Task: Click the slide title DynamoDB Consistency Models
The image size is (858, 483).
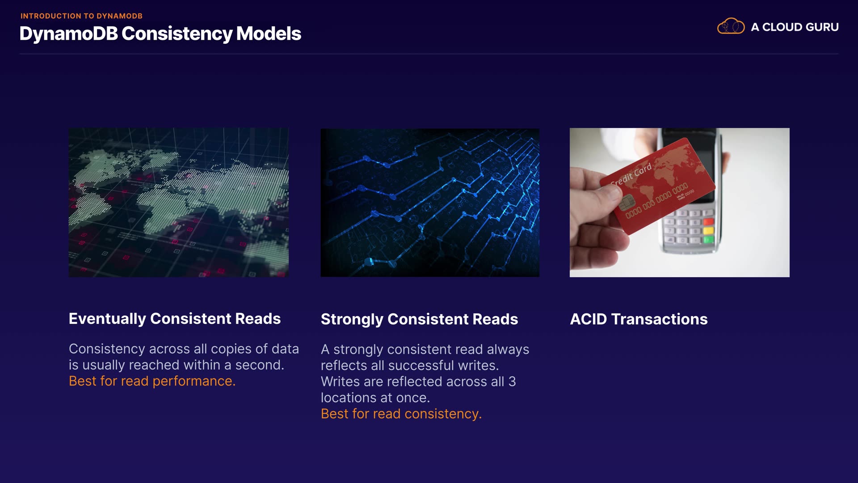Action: pyautogui.click(x=160, y=34)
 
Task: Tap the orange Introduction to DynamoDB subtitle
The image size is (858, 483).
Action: pyautogui.click(x=81, y=16)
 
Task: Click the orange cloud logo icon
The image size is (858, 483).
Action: pyautogui.click(x=731, y=26)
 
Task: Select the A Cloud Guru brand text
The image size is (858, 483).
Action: pyautogui.click(x=795, y=27)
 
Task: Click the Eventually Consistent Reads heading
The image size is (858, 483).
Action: pyautogui.click(x=175, y=318)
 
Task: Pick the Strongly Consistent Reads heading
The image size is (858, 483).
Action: pyautogui.click(x=419, y=319)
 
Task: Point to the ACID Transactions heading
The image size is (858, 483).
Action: pyautogui.click(x=639, y=319)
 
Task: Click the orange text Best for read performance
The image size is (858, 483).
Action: pyautogui.click(x=152, y=381)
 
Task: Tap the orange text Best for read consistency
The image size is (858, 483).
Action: pyautogui.click(x=401, y=414)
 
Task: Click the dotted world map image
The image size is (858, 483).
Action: pyautogui.click(x=179, y=203)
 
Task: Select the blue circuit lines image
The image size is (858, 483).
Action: pyautogui.click(x=430, y=203)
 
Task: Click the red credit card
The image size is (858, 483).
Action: pyautogui.click(x=657, y=186)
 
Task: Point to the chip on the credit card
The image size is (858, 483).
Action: pyautogui.click(x=627, y=203)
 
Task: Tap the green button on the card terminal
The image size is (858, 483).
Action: pyautogui.click(x=708, y=240)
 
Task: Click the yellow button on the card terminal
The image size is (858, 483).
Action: pyautogui.click(x=708, y=231)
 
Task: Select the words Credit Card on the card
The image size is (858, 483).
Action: pyautogui.click(x=631, y=175)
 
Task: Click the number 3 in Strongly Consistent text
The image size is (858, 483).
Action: pyautogui.click(x=512, y=381)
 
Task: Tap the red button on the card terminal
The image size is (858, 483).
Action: pyautogui.click(x=708, y=222)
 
